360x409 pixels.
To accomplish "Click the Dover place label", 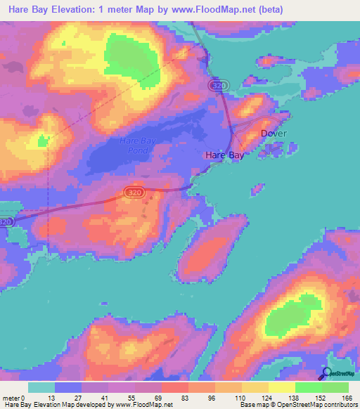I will pyautogui.click(x=274, y=133).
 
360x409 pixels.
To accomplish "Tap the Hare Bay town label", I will pyautogui.click(x=224, y=155).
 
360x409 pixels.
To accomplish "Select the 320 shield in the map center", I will pyautogui.click(x=132, y=192).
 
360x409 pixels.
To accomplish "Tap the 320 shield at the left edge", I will pyautogui.click(x=6, y=222).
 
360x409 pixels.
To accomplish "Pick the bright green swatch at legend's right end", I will pyautogui.click(x=335, y=387).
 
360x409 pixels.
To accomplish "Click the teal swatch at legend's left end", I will pyautogui.click(x=41, y=387).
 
